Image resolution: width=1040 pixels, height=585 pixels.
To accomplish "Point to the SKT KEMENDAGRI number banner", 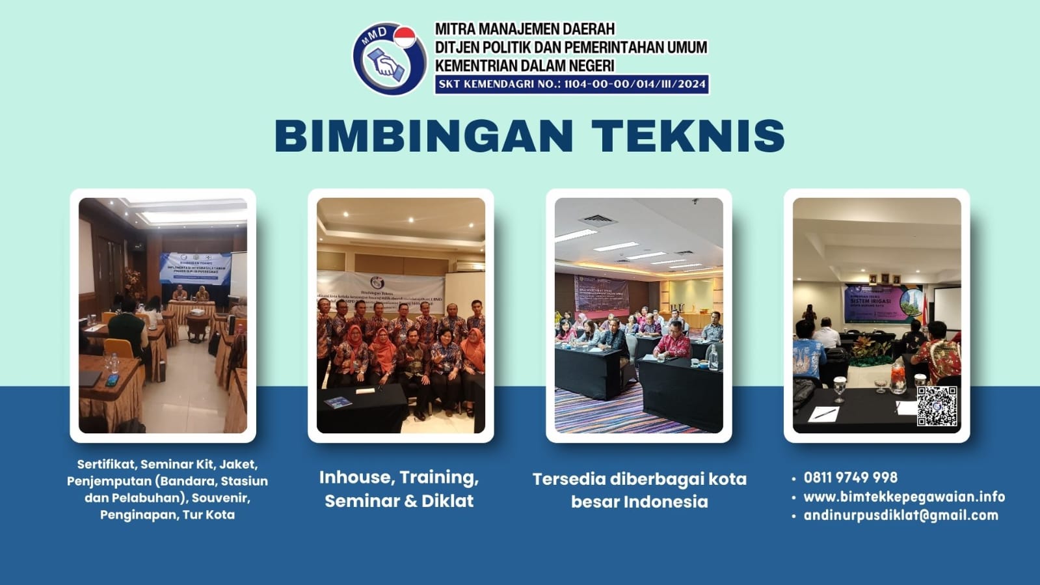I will (x=572, y=84).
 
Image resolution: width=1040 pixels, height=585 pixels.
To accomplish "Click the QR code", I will (x=937, y=406).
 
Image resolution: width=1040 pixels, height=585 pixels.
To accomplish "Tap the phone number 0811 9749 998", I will (x=850, y=478).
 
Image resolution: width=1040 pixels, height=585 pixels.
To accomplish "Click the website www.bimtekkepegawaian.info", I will (x=904, y=497).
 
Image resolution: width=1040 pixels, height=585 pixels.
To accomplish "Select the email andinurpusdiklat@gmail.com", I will (x=901, y=515).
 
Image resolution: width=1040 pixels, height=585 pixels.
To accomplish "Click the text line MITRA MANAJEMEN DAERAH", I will (x=524, y=29).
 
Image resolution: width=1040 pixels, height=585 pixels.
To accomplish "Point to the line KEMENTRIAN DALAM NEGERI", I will (x=524, y=66).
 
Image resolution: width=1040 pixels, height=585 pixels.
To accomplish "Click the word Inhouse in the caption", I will (x=354, y=478).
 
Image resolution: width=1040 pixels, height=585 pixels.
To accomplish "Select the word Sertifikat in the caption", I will (x=106, y=465).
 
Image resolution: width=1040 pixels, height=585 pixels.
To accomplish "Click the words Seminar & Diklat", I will (x=399, y=501).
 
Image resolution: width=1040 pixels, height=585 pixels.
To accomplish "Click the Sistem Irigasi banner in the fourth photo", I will (x=882, y=304).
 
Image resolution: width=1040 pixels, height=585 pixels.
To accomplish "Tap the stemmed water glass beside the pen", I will (x=840, y=388).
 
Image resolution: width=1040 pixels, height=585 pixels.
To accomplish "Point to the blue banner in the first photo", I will (x=195, y=267).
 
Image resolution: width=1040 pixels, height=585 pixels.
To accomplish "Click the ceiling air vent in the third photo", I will (x=598, y=219).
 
